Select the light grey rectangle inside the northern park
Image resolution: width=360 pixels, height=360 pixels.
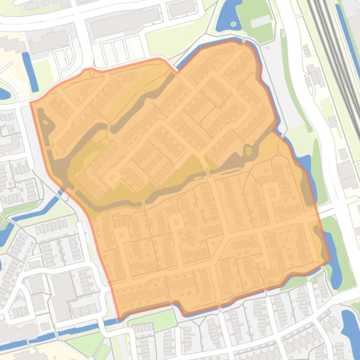coord(261,22)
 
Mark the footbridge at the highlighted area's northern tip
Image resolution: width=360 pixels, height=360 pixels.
coord(244,43)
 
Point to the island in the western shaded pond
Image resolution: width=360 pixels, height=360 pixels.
coord(47,123)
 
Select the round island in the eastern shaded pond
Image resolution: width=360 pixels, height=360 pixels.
coord(247,151)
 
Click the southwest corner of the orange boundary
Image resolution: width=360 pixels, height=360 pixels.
coord(120,319)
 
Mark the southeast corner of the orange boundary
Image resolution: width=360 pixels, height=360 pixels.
coord(330,262)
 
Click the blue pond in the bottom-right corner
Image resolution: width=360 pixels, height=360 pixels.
coord(350,327)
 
